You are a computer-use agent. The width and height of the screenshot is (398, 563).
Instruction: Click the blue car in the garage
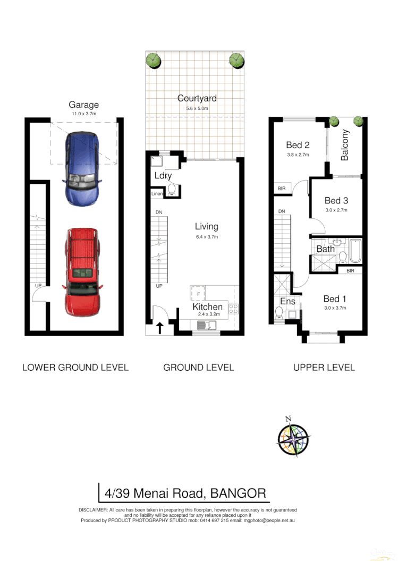[x=82, y=168]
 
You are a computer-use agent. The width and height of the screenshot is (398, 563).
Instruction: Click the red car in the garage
[x=82, y=271]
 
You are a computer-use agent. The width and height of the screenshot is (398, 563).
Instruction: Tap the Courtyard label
[x=197, y=98]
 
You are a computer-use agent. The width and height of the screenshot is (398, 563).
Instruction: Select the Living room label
[x=206, y=227]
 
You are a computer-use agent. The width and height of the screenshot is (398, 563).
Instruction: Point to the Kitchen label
[x=207, y=307]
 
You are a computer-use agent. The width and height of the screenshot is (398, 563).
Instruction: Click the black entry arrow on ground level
[x=159, y=328]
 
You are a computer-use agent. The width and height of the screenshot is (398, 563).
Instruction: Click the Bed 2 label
[x=298, y=145]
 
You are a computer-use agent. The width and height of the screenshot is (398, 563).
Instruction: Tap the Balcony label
[x=345, y=145]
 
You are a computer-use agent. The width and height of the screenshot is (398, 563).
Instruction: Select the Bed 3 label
[x=336, y=200]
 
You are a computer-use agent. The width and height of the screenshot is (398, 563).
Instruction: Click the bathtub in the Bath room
[x=355, y=252]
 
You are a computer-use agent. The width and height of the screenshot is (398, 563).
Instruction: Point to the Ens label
[x=287, y=302]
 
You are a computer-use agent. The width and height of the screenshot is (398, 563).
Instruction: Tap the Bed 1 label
[x=335, y=298]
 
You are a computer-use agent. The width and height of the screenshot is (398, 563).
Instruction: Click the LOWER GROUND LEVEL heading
[x=75, y=367]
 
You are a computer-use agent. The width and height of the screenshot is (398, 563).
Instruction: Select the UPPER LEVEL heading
[x=324, y=367]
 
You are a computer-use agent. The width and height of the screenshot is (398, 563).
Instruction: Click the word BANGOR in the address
[x=238, y=493]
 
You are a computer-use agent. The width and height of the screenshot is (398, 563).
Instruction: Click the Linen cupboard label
[x=156, y=194]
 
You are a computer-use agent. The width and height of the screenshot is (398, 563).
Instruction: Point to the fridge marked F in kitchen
[x=198, y=293]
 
